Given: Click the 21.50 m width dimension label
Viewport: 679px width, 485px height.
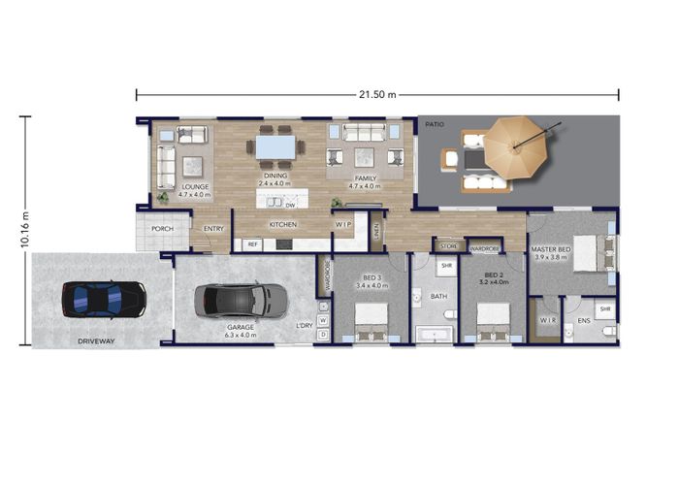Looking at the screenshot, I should coord(378,94).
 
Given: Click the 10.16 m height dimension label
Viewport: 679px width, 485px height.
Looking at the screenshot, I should coord(25,232).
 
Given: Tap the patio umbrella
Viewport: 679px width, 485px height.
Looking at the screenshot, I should coord(516,146).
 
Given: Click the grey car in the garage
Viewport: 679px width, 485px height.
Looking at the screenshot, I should coord(234,300).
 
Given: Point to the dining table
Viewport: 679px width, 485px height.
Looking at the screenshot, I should coord(275,146).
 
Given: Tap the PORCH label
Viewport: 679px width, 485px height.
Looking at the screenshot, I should coord(161,230).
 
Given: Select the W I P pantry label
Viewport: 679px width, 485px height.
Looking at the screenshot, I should coord(344,224).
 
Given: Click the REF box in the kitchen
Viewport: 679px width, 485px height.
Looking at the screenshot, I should coord(252,244).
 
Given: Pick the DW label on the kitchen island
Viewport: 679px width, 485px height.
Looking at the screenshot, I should coord(290,205).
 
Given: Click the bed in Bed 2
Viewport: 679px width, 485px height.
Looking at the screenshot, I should coord(493,321).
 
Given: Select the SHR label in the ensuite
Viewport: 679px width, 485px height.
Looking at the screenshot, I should coord(604,309).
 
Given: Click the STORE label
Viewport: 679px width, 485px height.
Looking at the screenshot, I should coord(448,247).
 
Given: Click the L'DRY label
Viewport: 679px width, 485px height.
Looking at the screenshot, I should coord(306,327).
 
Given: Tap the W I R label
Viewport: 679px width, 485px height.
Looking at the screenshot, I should coord(546,319).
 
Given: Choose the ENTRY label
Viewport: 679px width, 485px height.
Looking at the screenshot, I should coord(212,230).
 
